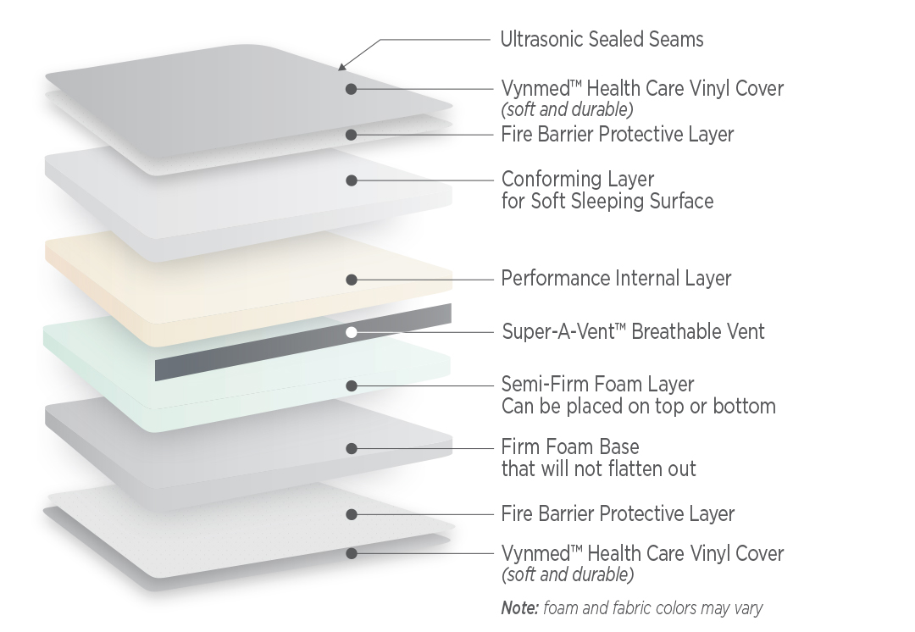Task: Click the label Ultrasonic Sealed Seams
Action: pos(602,40)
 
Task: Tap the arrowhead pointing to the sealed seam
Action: pos(342,66)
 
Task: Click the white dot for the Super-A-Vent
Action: pos(352,333)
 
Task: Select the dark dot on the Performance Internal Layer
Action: pos(352,280)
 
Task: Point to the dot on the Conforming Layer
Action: pos(352,181)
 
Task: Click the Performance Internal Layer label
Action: pos(616,279)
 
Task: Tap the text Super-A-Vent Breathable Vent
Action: pos(633,331)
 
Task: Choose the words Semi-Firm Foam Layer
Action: pos(597,384)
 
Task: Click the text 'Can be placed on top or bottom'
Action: pos(639,406)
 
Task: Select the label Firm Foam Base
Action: pos(570,447)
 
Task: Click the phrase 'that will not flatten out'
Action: pos(599,468)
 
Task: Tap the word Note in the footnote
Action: pos(519,608)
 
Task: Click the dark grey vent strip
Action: pos(302,342)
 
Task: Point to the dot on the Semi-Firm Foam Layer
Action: pos(352,385)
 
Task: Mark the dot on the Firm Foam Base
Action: pos(352,449)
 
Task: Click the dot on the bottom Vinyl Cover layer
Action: pos(352,553)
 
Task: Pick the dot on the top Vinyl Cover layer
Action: pos(352,89)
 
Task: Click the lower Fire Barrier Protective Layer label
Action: pos(618,513)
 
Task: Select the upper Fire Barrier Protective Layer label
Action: pos(618,134)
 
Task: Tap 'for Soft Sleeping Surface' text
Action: pos(607,202)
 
